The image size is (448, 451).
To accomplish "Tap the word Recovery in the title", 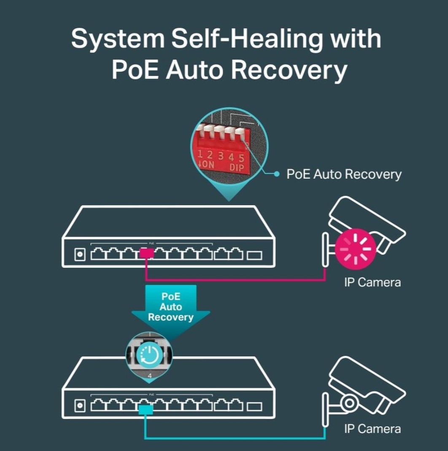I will click(289, 70).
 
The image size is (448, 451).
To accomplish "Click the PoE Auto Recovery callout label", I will click(344, 174).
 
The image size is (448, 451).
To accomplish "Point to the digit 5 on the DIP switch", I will click(241, 158).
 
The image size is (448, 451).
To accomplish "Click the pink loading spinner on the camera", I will click(356, 248).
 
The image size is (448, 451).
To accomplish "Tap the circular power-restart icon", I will click(150, 355).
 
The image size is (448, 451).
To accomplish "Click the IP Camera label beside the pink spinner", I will click(372, 282).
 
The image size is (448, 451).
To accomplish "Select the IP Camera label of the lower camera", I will click(372, 429).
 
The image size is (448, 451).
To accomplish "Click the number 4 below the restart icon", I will click(149, 375).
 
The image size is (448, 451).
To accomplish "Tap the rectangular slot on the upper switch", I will click(254, 255).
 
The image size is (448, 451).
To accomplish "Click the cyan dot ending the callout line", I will click(277, 174).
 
